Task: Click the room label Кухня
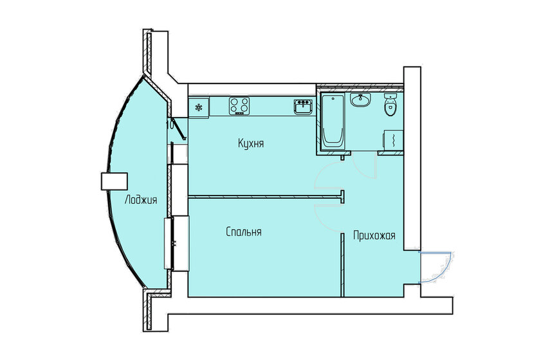pyautogui.click(x=251, y=144)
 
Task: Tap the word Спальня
pyautogui.click(x=243, y=231)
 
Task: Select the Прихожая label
pyautogui.click(x=374, y=236)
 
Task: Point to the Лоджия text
pyautogui.click(x=141, y=200)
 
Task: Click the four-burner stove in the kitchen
pyautogui.click(x=239, y=105)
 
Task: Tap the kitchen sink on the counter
pyautogui.click(x=302, y=105)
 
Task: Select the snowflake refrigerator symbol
pyautogui.click(x=199, y=107)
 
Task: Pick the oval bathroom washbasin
pyautogui.click(x=361, y=100)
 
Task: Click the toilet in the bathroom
pyautogui.click(x=390, y=105)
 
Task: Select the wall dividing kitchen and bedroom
pyautogui.click(x=264, y=196)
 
